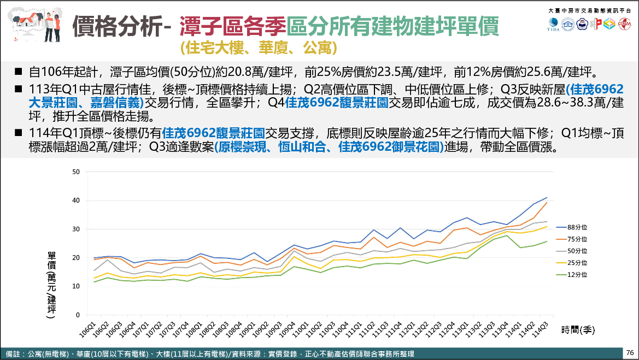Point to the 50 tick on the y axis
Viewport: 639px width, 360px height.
tap(76, 172)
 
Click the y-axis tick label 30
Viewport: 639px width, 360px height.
tap(76, 229)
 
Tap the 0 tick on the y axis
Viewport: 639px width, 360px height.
tap(78, 315)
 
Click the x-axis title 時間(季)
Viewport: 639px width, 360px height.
tap(577, 330)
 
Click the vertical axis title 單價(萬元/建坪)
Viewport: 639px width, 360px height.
tap(51, 285)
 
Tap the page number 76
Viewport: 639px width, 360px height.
tap(630, 353)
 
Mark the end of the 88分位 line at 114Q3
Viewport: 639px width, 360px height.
tap(547, 198)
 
